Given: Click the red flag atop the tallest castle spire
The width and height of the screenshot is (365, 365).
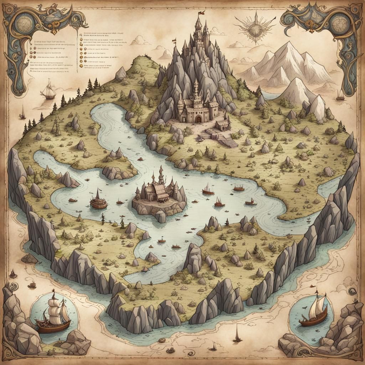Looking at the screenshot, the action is coord(201,14).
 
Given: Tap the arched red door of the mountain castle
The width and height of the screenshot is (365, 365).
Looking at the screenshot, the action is coord(198,119).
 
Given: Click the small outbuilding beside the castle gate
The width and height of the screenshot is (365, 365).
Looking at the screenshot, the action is coord(223,125).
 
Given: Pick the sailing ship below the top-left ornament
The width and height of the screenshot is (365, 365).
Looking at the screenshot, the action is coord(48,91).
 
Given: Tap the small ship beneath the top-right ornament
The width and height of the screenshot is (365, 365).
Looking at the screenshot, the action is coord(340,95).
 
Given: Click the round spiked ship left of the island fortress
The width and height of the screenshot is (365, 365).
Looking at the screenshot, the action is coord(98,201).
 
